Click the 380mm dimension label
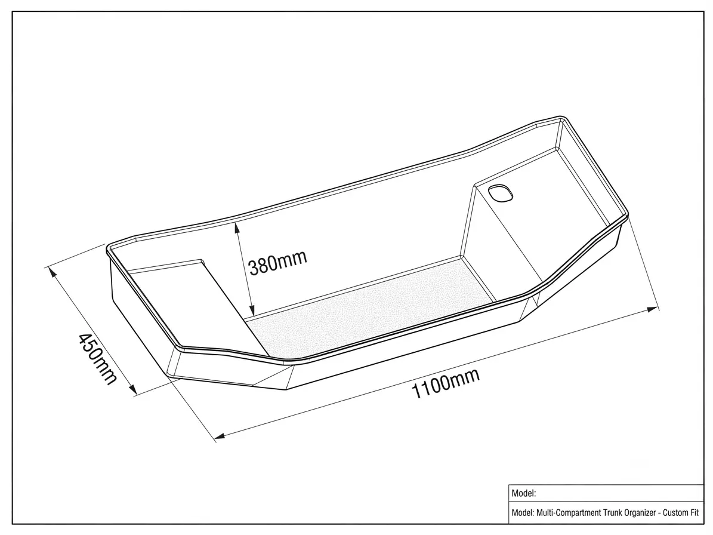(x=278, y=263)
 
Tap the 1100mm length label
(x=445, y=383)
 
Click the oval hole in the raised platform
(x=500, y=192)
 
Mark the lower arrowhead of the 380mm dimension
(x=252, y=310)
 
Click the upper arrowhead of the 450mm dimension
(x=52, y=272)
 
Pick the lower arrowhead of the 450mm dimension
(x=132, y=388)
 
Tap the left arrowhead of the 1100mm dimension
(x=220, y=436)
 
